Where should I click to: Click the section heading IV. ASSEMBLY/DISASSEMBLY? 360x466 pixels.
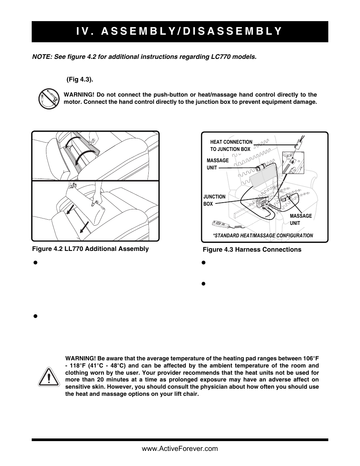180,31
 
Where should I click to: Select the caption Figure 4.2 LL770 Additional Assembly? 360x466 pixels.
90,249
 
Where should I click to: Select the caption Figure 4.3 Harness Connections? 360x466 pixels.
252,249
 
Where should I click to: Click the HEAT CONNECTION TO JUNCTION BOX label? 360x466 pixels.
231,145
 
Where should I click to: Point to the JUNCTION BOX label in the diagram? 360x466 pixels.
214,200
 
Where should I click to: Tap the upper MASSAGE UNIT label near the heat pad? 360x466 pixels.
217,164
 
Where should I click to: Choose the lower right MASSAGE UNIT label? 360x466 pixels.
300,219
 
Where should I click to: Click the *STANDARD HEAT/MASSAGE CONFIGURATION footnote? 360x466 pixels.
263,235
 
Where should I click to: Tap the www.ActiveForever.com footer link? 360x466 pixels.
180,449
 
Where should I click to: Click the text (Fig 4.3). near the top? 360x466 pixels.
80,80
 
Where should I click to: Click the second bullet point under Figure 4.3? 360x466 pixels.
203,283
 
